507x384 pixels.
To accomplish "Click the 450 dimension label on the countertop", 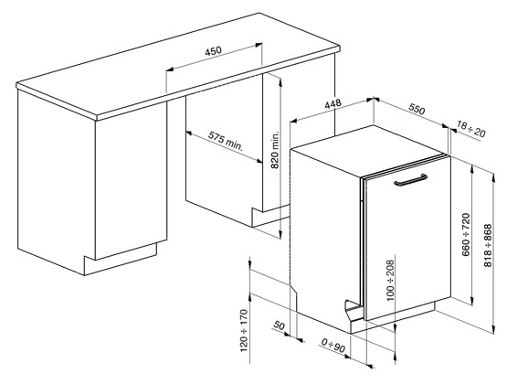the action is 214,50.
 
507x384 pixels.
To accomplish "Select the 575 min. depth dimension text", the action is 225,141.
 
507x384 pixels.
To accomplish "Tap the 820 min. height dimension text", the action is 275,150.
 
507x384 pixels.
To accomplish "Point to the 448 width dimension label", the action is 333,104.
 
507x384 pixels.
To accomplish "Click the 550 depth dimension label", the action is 417,109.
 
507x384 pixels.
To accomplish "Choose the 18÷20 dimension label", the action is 471,128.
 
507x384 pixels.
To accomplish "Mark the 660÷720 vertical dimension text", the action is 466,235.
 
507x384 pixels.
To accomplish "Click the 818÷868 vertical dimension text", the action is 488,246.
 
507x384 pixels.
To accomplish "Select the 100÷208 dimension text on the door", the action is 391,280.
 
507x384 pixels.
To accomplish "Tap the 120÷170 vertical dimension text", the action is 244,331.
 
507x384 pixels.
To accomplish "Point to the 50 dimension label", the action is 279,325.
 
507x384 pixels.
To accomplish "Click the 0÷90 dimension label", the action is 333,346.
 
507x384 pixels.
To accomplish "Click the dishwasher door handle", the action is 411,180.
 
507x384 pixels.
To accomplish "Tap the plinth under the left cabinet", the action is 121,259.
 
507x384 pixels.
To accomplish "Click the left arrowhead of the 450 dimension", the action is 169,69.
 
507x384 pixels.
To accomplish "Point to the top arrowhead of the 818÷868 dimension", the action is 493,176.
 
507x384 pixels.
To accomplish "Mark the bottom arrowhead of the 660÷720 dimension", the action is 472,301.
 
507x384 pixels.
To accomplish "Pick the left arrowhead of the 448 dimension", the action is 293,121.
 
